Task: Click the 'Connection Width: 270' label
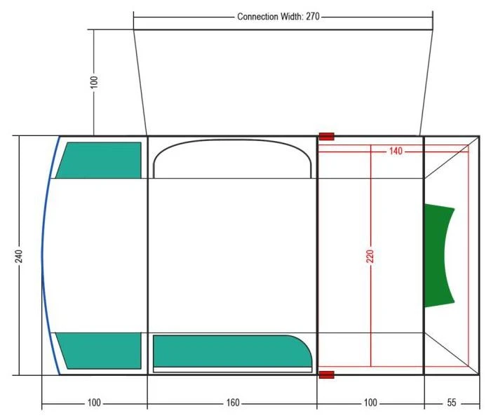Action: point(278,16)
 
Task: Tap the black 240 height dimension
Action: point(19,256)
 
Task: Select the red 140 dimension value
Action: point(396,151)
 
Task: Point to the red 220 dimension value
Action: point(370,256)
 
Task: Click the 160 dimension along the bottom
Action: point(233,403)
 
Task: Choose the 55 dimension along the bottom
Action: point(451,403)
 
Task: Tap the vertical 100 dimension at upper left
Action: point(94,82)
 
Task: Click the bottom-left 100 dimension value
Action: point(94,403)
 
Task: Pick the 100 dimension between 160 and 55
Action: point(370,403)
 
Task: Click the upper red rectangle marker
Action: point(327,137)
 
